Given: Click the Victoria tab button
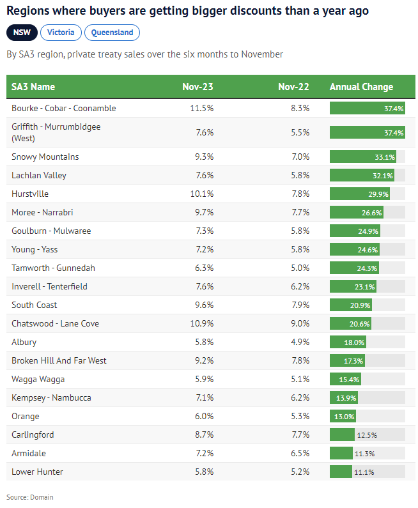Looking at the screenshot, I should [60, 32].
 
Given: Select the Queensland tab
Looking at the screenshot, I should [112, 32].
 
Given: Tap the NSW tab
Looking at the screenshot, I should [22, 32].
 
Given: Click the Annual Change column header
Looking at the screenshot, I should [361, 87].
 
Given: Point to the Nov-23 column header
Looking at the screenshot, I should [197, 87].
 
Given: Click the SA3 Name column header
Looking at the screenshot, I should [33, 87].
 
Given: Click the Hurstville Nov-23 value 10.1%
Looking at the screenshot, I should [201, 194].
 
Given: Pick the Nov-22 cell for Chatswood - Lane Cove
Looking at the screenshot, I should [299, 323].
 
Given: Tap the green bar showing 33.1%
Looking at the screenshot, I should [363, 157].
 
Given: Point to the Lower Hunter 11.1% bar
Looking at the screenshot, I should [341, 472].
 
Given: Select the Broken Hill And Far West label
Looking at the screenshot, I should [59, 360].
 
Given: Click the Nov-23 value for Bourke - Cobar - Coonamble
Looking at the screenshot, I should [201, 108].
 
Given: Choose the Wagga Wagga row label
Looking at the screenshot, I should [38, 379].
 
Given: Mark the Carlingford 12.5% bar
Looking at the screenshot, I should [343, 435].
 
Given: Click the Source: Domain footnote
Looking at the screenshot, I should [30, 496].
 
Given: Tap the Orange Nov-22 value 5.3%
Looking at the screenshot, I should [299, 416].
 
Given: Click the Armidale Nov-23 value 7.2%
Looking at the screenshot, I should [203, 453].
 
